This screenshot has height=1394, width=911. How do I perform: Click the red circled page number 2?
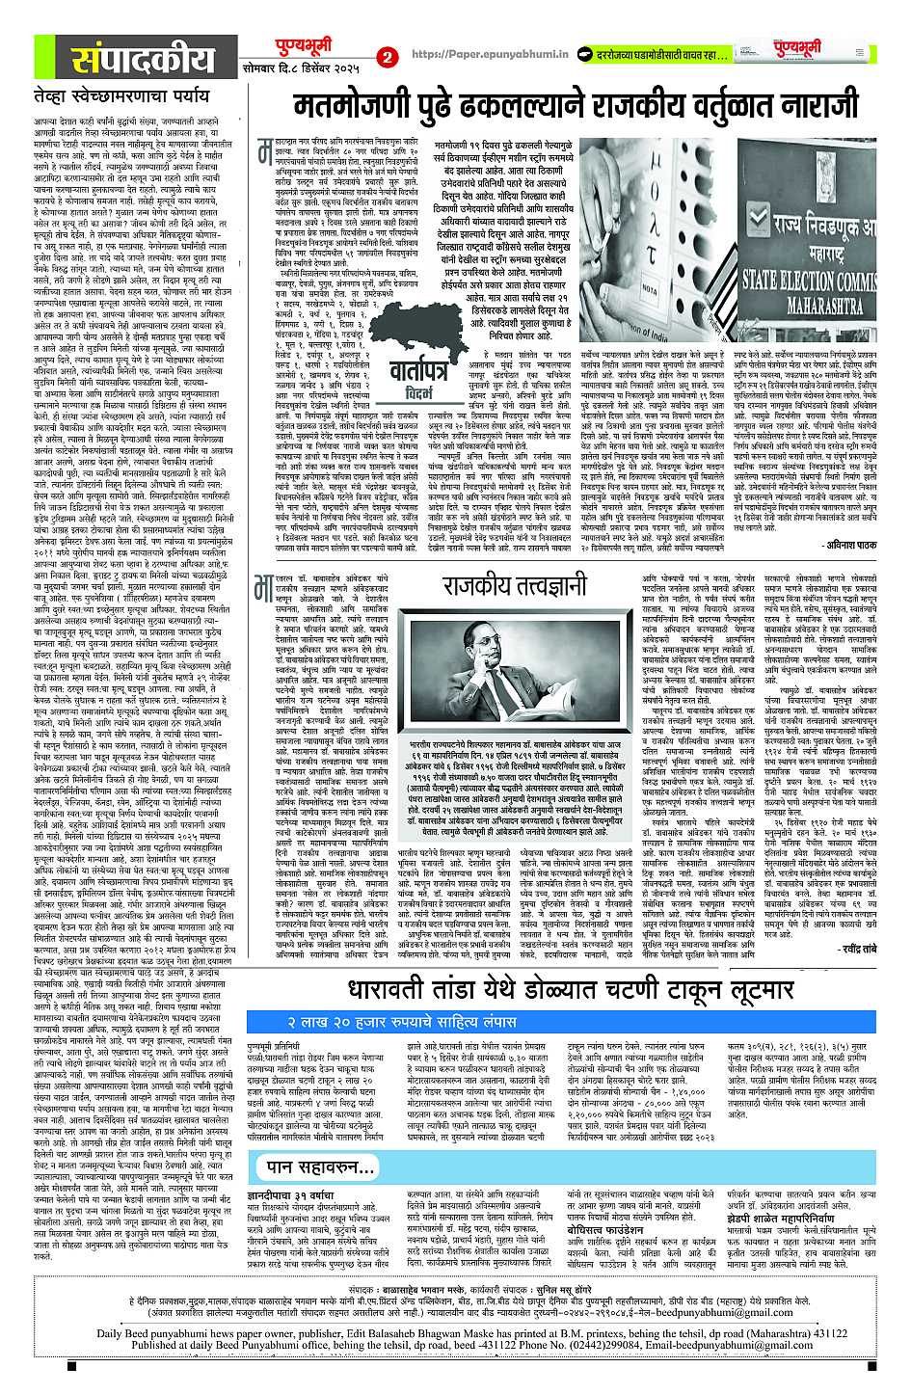pyautogui.click(x=389, y=59)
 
